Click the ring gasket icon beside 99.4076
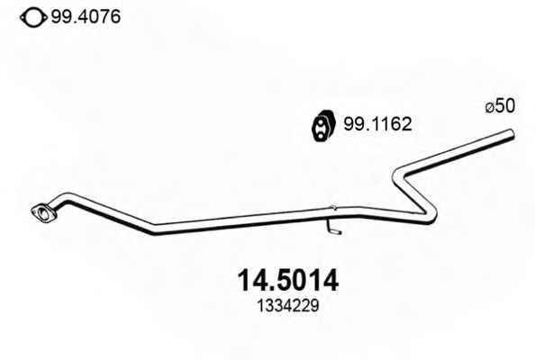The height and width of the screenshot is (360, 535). [x=33, y=17]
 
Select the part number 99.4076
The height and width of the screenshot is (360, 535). [x=86, y=16]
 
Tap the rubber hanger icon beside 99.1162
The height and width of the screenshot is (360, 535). [x=322, y=125]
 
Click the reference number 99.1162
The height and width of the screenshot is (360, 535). [x=377, y=124]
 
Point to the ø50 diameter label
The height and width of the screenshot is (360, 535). [x=500, y=106]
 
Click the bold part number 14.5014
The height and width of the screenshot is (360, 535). [x=288, y=281]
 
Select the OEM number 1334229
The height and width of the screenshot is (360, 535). [x=288, y=306]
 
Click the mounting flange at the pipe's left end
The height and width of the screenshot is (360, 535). [x=43, y=213]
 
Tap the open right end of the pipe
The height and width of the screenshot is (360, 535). [x=511, y=134]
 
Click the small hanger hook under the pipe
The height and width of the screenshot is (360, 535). [x=333, y=229]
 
